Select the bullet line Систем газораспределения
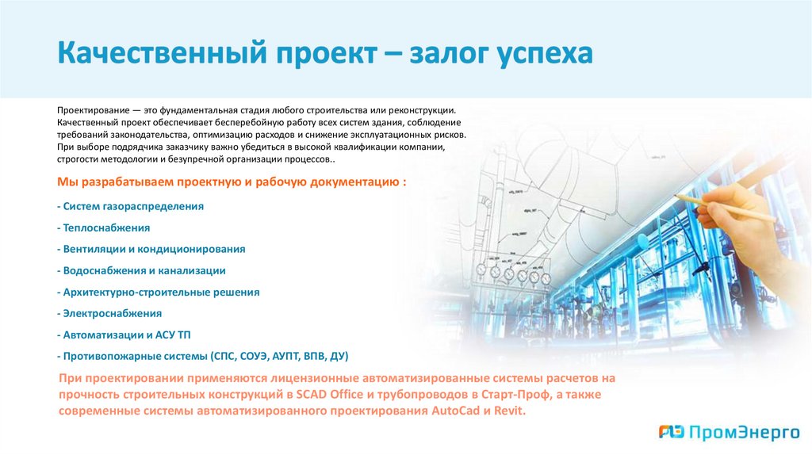(x=131, y=206)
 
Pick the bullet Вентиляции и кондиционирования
(x=151, y=249)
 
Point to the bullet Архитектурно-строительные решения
(x=159, y=292)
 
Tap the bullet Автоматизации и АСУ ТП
(x=124, y=335)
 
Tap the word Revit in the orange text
(x=508, y=411)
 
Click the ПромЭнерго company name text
(x=733, y=432)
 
